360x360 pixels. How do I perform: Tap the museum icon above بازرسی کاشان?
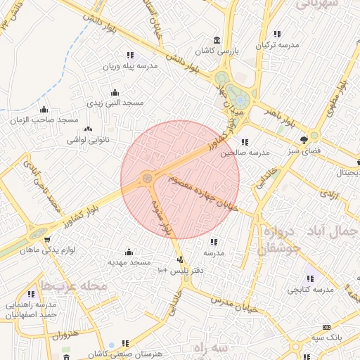(x=216, y=40)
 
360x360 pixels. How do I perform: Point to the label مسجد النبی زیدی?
(x=115, y=103)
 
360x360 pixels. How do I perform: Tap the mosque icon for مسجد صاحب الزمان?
(x=44, y=109)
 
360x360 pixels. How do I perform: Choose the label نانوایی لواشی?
(x=87, y=141)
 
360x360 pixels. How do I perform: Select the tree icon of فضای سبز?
(x=304, y=139)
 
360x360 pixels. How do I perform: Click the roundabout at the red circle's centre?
(x=147, y=179)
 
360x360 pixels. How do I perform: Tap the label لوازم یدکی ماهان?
(x=47, y=250)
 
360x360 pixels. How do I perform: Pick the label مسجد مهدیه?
(x=129, y=262)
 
